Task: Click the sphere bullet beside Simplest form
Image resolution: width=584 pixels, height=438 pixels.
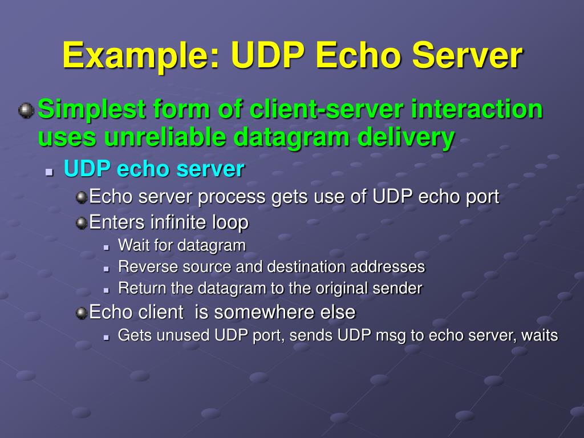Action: pos(26,109)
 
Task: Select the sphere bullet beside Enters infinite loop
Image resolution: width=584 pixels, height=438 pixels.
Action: pos(82,222)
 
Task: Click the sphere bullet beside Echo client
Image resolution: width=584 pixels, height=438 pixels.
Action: pos(82,313)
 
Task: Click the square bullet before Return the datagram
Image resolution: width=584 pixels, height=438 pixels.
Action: pos(107,289)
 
